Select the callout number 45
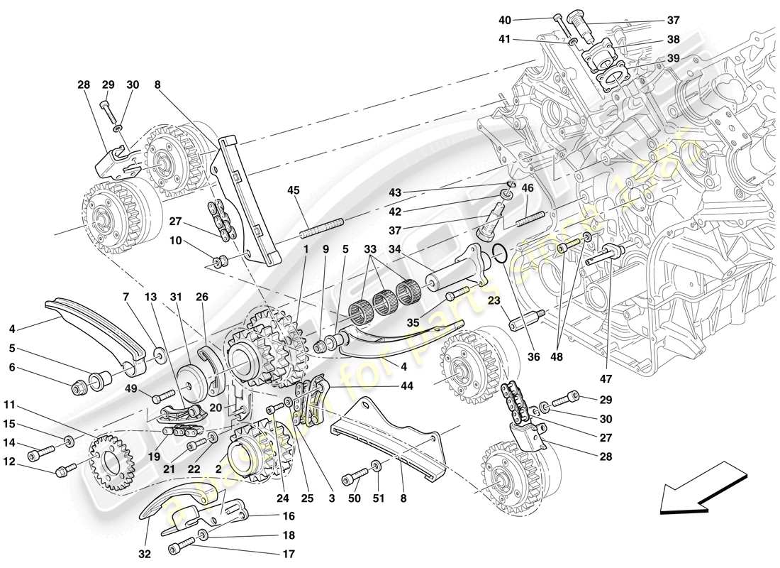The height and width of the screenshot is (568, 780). tap(294, 190)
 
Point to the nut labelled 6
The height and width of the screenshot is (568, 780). tap(81, 388)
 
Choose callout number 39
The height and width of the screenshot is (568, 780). tap(672, 59)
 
